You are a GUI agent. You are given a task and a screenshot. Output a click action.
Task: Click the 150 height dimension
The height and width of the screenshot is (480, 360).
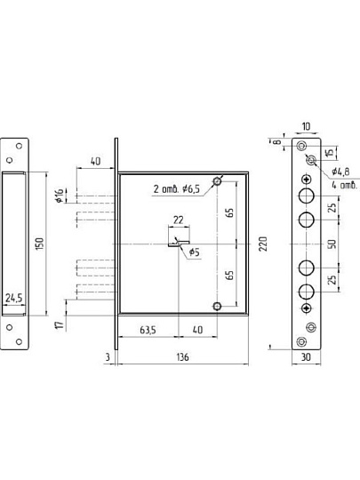click(x=40, y=244)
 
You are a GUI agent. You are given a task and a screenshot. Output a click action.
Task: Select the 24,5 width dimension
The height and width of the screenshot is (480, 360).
click(x=13, y=298)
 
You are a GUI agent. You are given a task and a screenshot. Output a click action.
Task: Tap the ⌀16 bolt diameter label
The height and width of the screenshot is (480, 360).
click(x=60, y=196)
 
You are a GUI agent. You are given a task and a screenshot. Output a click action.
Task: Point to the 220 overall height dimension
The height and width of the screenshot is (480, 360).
click(x=263, y=244)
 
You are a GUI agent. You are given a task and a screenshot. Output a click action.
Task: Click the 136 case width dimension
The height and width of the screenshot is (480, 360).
click(x=183, y=357)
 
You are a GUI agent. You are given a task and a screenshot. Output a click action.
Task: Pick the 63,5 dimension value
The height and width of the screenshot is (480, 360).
click(x=148, y=330)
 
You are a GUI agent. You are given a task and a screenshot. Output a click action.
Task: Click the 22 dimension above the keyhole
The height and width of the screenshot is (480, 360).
click(x=179, y=220)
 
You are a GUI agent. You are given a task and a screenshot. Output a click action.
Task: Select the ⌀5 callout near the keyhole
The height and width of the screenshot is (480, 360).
click(x=195, y=252)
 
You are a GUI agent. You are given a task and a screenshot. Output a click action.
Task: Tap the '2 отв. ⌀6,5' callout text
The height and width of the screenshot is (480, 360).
click(x=176, y=188)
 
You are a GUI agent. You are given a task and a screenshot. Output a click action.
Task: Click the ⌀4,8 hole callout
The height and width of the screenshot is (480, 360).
click(x=340, y=172)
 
